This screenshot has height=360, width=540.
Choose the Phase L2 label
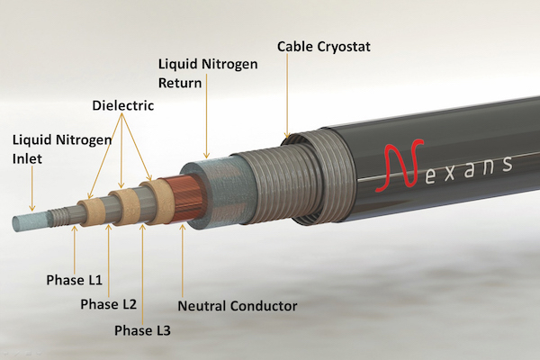(109, 304)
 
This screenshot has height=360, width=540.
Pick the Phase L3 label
(142, 330)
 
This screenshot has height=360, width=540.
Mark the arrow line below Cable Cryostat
(287, 94)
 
